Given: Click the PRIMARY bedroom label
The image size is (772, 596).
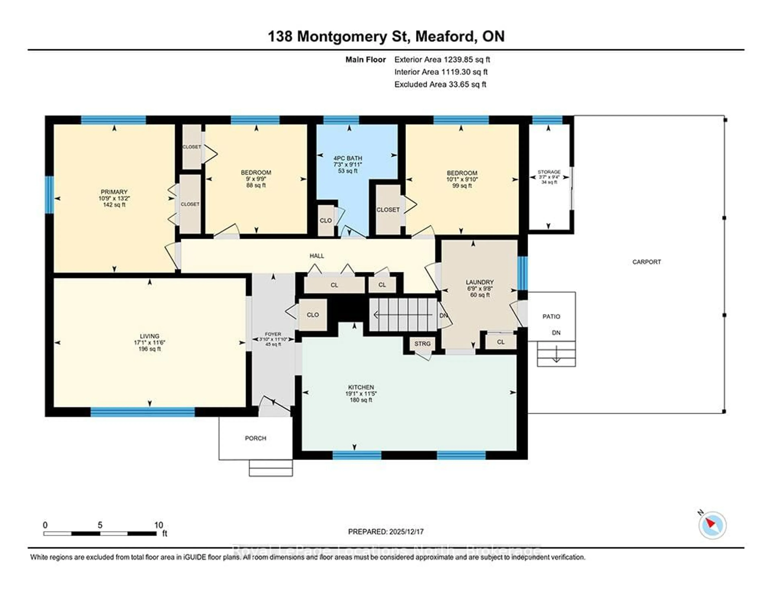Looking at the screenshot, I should pos(114,192).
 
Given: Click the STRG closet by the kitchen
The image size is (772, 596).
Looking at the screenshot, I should pos(422,344).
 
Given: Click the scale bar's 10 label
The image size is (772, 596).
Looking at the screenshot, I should pos(158,525).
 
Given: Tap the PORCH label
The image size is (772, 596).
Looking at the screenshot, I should pos(255,438).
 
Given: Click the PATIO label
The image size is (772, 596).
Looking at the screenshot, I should pos(551,316).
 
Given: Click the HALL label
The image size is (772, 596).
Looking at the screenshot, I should pos(317,256).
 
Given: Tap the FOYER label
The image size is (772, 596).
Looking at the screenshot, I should pos(273,334).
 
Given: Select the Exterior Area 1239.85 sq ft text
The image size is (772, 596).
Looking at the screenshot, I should pos(442,60).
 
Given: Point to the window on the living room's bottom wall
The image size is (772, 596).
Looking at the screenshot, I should pos(143,412).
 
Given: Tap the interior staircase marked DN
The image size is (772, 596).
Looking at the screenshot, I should pos(403,314).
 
